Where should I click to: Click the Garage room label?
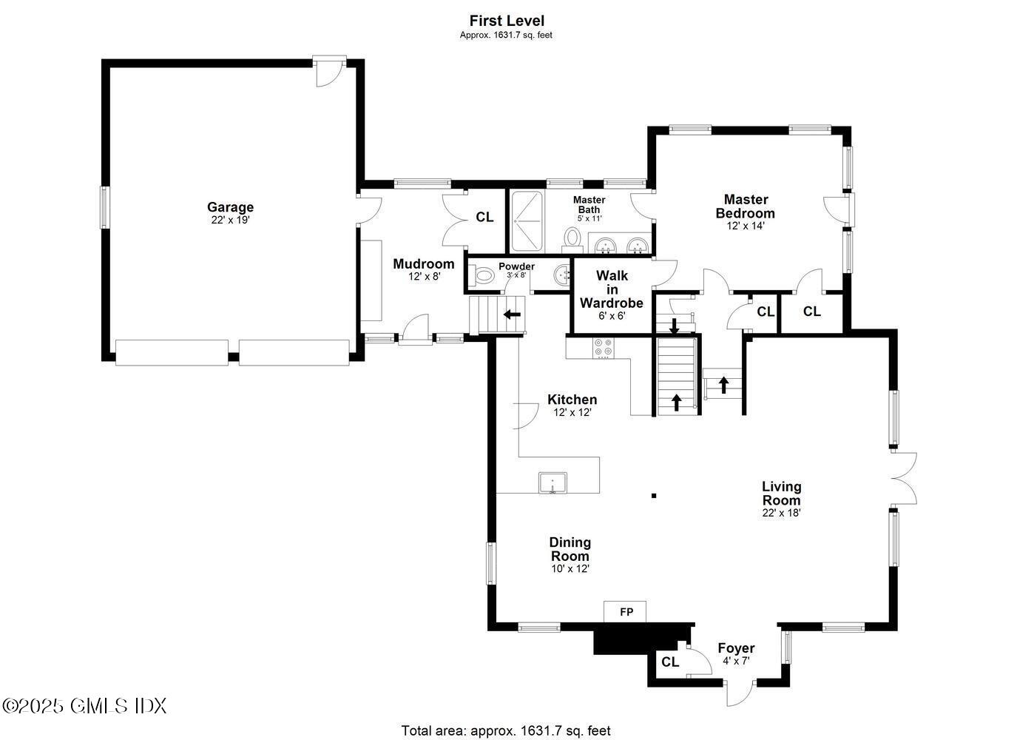click(230, 207)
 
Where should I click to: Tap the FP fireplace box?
click(626, 612)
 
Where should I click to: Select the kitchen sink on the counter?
click(553, 483)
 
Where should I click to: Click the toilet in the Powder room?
click(483, 276)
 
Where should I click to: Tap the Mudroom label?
click(423, 264)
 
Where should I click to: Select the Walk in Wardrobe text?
click(612, 289)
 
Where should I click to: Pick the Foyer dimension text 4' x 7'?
click(736, 661)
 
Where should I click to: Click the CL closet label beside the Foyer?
click(670, 662)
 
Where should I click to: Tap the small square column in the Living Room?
click(653, 496)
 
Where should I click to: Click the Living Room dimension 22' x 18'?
click(782, 512)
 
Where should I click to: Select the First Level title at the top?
click(507, 21)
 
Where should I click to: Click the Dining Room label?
click(570, 549)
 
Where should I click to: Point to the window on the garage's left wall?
click(104, 207)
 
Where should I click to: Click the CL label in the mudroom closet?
click(484, 218)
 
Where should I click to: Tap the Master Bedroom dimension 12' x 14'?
click(745, 226)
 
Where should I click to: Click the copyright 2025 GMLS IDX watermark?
click(84, 705)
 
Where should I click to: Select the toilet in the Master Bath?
click(572, 238)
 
